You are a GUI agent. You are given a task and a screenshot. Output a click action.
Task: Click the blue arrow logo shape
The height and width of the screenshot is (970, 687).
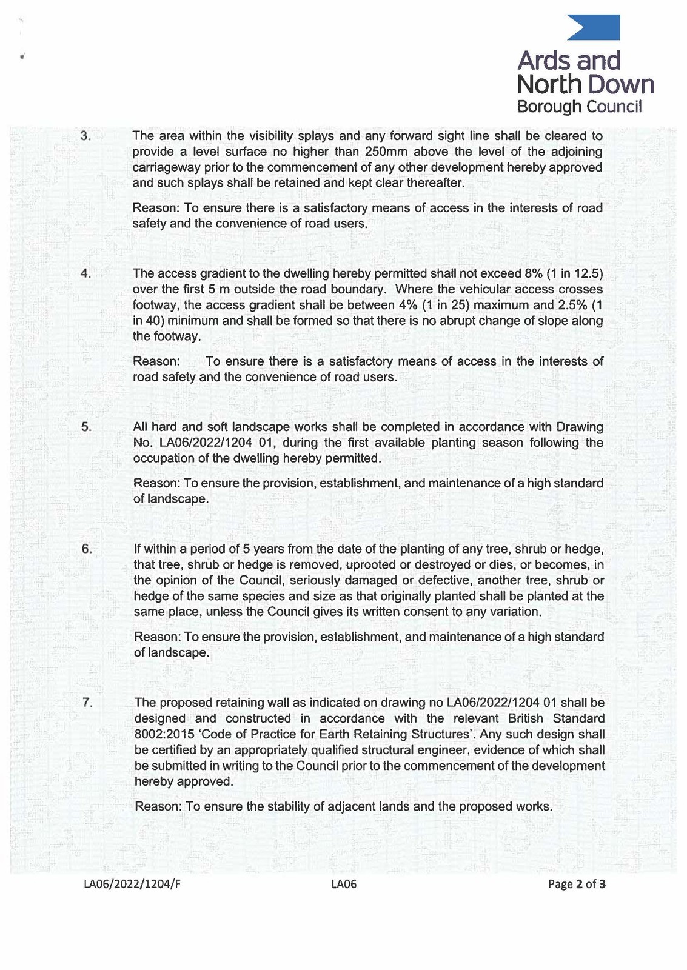(597, 28)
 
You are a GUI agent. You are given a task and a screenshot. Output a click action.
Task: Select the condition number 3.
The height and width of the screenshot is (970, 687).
(85, 136)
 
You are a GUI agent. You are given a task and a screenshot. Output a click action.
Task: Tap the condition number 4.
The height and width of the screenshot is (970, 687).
(85, 273)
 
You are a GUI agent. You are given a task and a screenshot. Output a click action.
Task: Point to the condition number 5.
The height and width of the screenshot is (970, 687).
(85, 427)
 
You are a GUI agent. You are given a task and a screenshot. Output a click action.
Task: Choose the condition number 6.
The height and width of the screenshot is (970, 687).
(86, 549)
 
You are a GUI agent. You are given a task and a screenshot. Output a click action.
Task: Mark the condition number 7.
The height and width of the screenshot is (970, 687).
(87, 703)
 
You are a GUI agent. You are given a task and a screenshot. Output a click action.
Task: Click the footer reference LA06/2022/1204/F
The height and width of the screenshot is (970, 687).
(132, 884)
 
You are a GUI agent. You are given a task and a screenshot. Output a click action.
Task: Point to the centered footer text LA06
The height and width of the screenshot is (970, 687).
(344, 884)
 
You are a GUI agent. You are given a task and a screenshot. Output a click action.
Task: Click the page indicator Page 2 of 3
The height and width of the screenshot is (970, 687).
(577, 884)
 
